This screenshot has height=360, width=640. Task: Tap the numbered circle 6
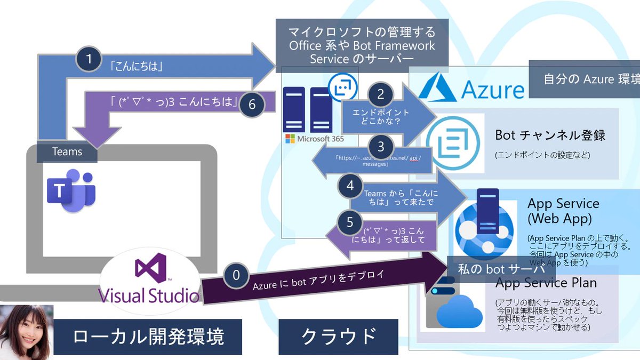pos(253,105)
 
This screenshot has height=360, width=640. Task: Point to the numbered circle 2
pos(380,94)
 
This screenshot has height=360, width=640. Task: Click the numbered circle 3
pos(380,147)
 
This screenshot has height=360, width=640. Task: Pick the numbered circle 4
pos(350,186)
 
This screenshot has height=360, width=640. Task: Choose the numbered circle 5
pos(350,222)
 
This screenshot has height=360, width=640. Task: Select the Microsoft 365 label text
pos(314,139)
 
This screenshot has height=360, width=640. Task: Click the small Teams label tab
pos(67,152)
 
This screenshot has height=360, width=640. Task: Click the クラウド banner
pos(338,337)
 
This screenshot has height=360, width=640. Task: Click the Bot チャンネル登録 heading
pos(550,134)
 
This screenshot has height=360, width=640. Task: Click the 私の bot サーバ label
pos(500,269)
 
